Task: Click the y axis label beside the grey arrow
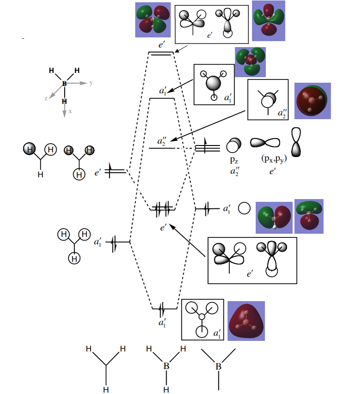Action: click(x=91, y=83)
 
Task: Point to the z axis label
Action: click(x=46, y=98)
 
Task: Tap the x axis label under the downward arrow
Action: click(x=70, y=111)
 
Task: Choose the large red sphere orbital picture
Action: click(x=312, y=101)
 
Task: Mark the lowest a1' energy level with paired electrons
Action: click(x=164, y=308)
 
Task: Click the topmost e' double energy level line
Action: click(x=160, y=54)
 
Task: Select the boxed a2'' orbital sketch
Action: click(x=268, y=99)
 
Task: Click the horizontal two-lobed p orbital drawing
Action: click(x=265, y=143)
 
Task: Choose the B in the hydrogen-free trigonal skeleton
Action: click(x=219, y=366)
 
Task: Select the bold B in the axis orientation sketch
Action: click(x=64, y=84)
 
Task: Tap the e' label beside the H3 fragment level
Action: click(x=98, y=173)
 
